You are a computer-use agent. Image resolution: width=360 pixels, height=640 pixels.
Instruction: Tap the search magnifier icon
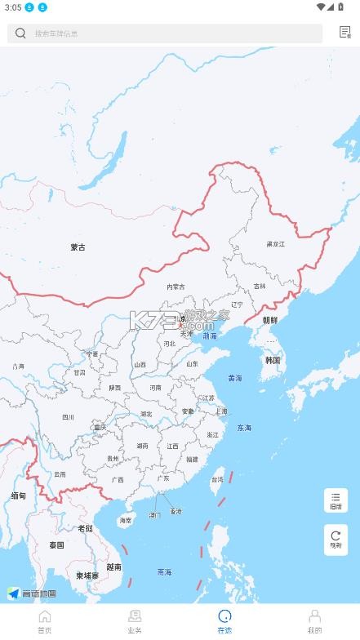[20, 33]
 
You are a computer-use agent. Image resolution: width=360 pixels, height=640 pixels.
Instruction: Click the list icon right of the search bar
[344, 33]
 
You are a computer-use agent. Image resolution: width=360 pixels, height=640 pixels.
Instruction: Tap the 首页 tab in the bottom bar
[45, 621]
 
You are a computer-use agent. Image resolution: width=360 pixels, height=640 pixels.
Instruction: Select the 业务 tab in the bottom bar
[135, 621]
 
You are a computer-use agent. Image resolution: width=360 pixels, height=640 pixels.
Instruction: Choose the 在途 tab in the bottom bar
[224, 621]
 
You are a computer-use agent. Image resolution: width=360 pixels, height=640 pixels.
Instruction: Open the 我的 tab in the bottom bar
[314, 621]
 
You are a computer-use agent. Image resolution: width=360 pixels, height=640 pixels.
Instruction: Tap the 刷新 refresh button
[336, 540]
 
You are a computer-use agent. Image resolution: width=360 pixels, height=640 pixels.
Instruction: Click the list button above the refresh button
[336, 500]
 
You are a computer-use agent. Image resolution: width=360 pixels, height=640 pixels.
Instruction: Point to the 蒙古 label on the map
[78, 247]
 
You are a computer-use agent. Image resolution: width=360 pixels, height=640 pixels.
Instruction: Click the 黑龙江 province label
[276, 244]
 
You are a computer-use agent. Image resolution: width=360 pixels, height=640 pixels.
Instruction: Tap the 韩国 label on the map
[273, 360]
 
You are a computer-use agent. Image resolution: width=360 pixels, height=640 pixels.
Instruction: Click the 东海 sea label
[244, 428]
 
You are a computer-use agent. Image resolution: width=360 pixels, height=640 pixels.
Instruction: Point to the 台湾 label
[218, 480]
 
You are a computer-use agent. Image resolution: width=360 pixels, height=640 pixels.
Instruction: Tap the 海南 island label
[125, 520]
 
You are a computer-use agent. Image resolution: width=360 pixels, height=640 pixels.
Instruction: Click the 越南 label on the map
[113, 567]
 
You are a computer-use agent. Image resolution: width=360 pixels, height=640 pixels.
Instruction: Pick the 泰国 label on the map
[56, 544]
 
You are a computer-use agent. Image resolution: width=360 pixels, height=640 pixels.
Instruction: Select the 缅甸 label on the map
[18, 496]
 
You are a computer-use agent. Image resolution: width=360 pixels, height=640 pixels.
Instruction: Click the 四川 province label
[68, 417]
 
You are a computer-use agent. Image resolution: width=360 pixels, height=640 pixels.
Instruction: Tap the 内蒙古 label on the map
[176, 287]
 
